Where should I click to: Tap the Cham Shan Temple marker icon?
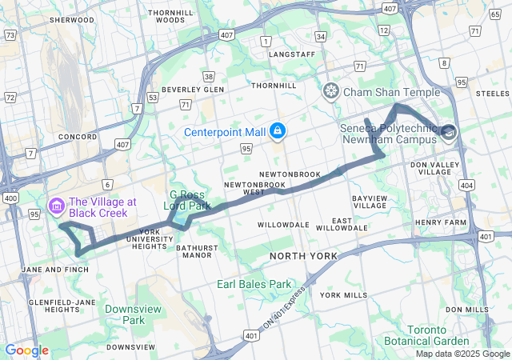point(330,92)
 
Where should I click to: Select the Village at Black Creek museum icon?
point(56,207)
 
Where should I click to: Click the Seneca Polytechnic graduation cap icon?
point(448,132)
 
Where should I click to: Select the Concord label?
point(77,137)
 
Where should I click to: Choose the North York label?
point(303,256)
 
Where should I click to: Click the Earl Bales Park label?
point(254,284)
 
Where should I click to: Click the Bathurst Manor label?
point(196,252)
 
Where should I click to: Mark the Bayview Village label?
point(370,202)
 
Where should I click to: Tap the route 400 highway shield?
point(10,198)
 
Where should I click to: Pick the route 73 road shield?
point(10,34)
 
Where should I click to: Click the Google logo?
point(26,350)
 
